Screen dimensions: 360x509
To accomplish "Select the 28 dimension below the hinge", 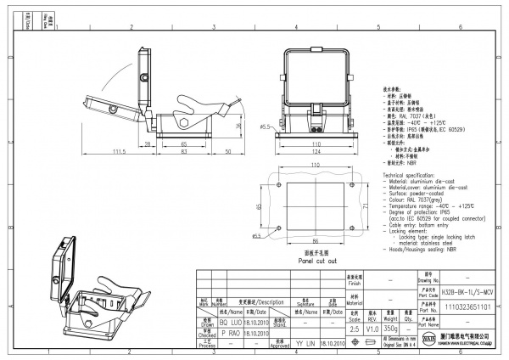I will [148, 145].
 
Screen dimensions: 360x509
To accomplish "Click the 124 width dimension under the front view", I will [316, 152].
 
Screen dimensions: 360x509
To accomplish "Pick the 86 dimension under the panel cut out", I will [316, 242].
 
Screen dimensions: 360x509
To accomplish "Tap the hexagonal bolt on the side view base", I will [183, 124].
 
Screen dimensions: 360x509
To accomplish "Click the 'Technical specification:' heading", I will [413, 173].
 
